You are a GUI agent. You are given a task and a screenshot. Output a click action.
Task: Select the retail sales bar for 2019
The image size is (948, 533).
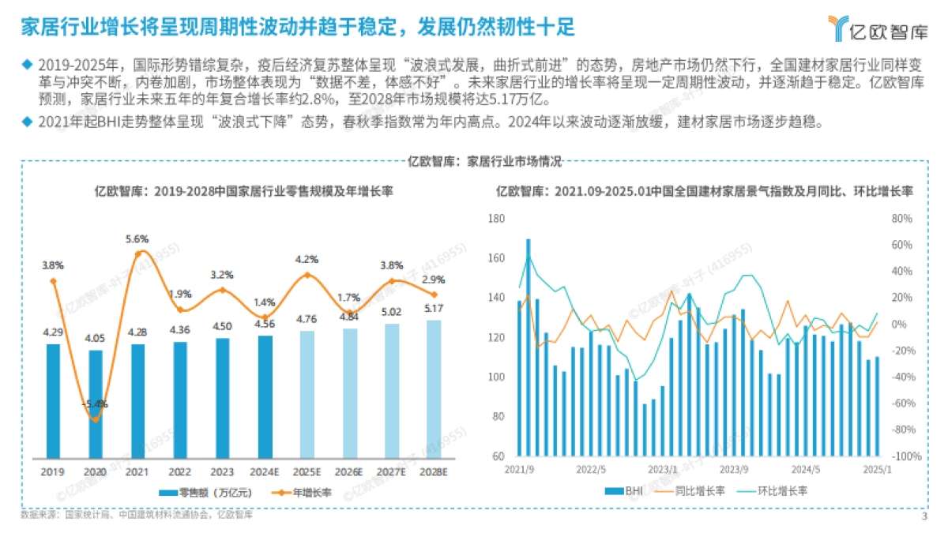[53, 400]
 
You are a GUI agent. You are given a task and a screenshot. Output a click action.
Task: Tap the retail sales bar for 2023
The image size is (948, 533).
[222, 398]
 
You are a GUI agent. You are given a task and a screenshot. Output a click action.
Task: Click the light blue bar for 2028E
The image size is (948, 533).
[434, 388]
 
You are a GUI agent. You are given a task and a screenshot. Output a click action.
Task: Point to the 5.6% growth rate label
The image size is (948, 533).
[137, 238]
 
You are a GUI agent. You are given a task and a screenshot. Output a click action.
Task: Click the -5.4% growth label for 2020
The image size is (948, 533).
[95, 404]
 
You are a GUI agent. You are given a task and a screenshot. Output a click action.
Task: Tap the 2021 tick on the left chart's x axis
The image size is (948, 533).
[137, 471]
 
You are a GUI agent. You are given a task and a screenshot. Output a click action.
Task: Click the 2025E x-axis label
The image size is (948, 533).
[307, 471]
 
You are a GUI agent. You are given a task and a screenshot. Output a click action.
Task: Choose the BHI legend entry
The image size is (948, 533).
[623, 491]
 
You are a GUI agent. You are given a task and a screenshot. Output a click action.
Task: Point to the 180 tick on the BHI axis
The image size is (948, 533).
[495, 219]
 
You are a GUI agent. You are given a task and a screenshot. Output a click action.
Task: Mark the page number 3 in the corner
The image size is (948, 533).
[924, 517]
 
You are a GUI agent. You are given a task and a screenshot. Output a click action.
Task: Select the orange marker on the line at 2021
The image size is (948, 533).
[137, 253]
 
